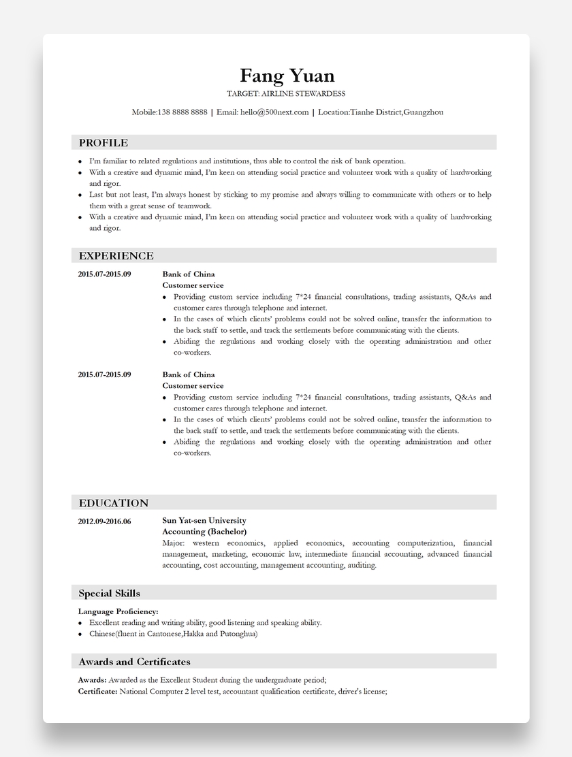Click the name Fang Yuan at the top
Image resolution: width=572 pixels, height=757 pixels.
click(287, 75)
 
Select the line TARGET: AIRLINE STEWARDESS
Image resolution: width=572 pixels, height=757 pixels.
click(286, 94)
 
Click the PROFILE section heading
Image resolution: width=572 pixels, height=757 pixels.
click(104, 143)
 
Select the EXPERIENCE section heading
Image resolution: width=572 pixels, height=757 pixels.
click(116, 256)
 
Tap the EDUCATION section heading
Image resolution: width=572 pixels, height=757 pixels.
click(113, 503)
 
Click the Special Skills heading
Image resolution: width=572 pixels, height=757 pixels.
click(109, 593)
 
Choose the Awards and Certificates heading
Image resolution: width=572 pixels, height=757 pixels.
click(134, 662)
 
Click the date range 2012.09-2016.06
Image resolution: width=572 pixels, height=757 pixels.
click(104, 521)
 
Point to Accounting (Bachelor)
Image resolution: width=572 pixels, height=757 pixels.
click(204, 532)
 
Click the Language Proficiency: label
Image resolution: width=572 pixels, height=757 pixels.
click(118, 612)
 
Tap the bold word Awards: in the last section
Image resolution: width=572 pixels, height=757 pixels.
click(92, 680)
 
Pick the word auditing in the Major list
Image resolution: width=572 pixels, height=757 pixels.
click(362, 565)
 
